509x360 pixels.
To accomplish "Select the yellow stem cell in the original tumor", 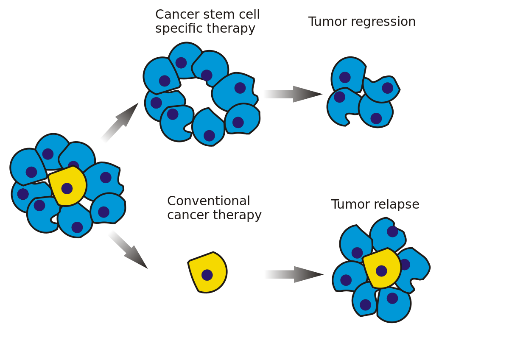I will [67, 186].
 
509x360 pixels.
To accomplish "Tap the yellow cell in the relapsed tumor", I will [382, 268].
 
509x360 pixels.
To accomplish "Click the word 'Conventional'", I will [208, 201].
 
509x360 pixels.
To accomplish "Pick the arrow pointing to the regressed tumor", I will [292, 94].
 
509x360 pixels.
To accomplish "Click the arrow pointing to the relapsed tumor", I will [293, 275].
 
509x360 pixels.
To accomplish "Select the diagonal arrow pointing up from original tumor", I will [119, 123].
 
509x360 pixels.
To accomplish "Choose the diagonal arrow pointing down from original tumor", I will [127, 249].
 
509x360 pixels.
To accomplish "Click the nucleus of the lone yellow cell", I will [207, 275].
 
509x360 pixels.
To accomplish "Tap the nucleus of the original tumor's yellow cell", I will [67, 188].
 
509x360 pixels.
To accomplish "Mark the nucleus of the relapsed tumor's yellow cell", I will [381, 271].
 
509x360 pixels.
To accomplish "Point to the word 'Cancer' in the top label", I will [174, 14].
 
